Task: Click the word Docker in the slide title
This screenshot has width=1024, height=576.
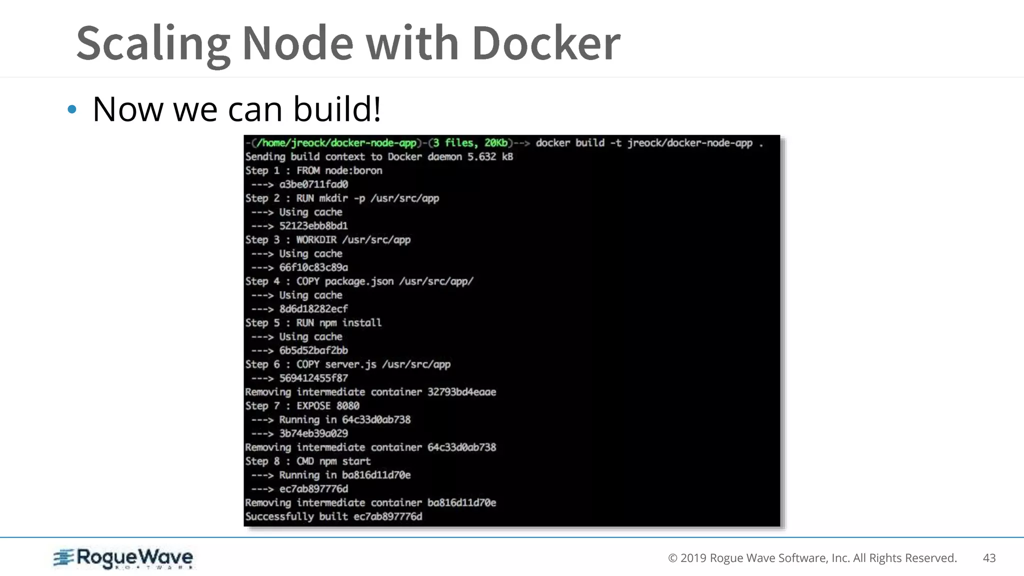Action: coord(546,43)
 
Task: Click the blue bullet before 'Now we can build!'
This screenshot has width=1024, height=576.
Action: coord(72,109)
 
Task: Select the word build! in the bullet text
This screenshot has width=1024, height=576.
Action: coord(337,109)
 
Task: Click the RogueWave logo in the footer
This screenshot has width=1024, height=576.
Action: coord(123,558)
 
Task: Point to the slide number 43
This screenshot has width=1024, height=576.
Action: coord(989,558)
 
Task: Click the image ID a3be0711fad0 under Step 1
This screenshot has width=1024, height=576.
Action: coord(313,184)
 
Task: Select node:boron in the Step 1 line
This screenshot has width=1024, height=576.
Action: coord(353,170)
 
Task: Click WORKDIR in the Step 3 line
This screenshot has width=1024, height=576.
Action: coord(316,240)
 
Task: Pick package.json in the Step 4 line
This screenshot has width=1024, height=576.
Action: coord(359,281)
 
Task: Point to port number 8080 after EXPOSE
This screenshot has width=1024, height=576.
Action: coord(347,406)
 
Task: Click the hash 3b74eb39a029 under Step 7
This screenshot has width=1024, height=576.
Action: coord(313,433)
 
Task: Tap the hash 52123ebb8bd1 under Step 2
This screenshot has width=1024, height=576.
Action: coord(313,226)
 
